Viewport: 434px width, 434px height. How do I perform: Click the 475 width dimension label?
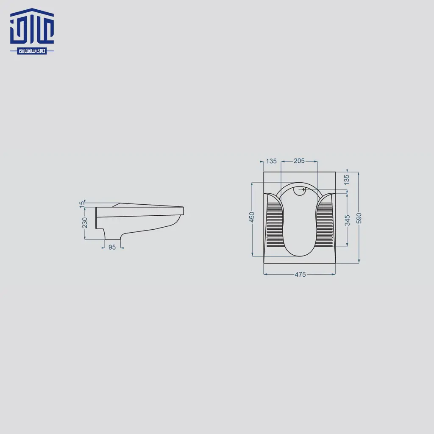pyautogui.click(x=300, y=275)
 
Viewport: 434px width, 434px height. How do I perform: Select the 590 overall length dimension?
pyautogui.click(x=359, y=218)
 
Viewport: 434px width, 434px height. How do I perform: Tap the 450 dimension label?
pyautogui.click(x=252, y=217)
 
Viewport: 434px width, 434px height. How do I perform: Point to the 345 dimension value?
pyautogui.click(x=348, y=220)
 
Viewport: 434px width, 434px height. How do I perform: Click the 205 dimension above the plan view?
pyautogui.click(x=299, y=161)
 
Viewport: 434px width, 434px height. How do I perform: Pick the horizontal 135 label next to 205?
pyautogui.click(x=271, y=161)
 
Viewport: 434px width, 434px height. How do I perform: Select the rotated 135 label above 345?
pyautogui.click(x=347, y=180)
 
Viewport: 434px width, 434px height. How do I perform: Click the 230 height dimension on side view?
pyautogui.click(x=84, y=223)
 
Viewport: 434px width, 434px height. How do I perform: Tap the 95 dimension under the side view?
pyautogui.click(x=112, y=247)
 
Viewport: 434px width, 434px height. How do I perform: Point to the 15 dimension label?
pyautogui.click(x=82, y=205)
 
